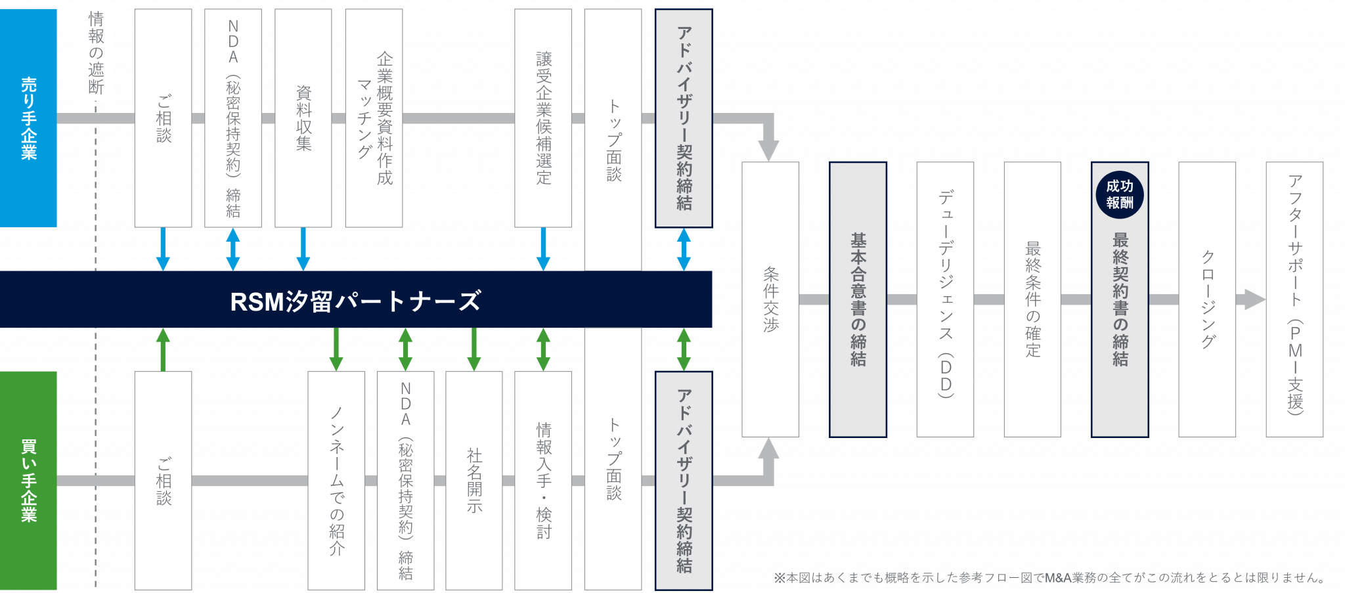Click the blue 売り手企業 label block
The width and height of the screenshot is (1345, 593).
28,118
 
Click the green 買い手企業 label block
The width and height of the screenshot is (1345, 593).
28,480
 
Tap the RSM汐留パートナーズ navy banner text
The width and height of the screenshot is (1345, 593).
355,301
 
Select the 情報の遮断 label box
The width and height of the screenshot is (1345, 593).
96,53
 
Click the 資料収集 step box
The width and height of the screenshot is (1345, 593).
303,118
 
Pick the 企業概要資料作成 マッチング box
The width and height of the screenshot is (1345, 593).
374,118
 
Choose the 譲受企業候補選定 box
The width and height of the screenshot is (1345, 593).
543,118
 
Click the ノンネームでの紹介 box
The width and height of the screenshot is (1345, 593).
336,480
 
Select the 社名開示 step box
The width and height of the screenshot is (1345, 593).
474,480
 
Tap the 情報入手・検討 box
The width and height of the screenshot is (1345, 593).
543,480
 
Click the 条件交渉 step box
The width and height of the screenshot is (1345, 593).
770,299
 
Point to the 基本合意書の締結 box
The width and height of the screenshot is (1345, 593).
858,299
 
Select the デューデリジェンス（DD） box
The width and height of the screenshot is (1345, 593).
945,299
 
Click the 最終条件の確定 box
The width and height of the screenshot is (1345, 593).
1032,299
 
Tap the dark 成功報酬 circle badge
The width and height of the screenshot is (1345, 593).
1120,194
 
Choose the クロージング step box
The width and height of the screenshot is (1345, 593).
1207,299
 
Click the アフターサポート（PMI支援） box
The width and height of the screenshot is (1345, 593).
1294,299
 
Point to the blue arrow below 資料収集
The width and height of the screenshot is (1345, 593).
303,249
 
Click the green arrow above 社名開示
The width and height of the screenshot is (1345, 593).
474,349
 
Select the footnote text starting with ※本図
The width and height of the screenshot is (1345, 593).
1049,578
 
